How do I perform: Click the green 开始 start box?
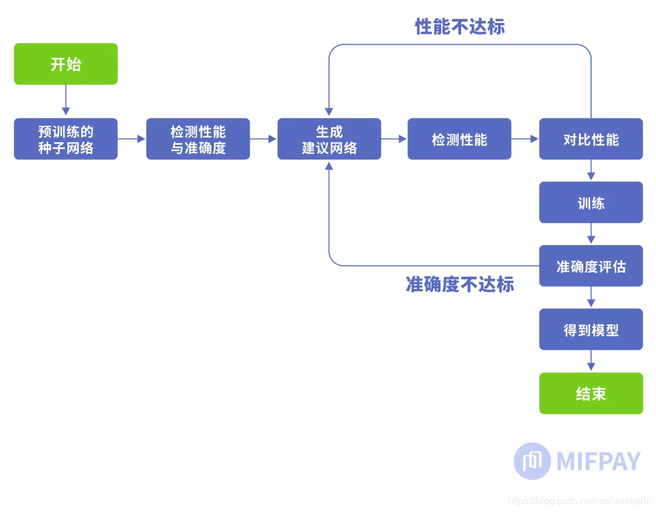point(66,64)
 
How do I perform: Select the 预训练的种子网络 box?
point(66,139)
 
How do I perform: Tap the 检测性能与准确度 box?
point(198,139)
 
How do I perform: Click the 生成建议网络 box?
point(329,139)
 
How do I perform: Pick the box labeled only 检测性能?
point(459,139)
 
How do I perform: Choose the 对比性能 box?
point(590,139)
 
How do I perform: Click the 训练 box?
point(590,202)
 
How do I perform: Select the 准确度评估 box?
point(590,266)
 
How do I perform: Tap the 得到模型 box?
point(590,330)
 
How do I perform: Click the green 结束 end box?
point(590,393)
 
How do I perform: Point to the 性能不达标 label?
point(460,27)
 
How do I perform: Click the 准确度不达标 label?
point(460,285)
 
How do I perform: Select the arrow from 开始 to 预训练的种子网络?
point(66,101)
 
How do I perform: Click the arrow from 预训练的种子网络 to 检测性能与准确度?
point(132,139)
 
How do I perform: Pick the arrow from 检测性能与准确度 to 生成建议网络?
point(264,139)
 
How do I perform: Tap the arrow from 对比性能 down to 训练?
point(591,170)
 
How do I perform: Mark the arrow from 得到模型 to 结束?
point(591,361)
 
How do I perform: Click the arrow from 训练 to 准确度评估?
point(591,234)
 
